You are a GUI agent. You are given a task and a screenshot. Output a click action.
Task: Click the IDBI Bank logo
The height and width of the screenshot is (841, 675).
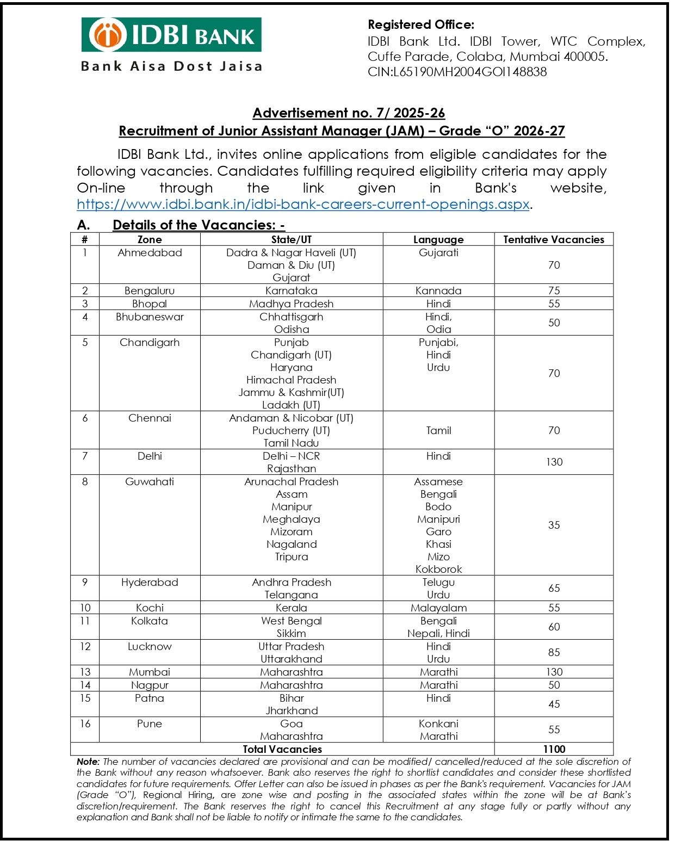171,35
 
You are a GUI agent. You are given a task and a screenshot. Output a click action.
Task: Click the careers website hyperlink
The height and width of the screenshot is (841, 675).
303,205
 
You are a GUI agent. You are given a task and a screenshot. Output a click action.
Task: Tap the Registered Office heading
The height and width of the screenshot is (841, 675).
421,24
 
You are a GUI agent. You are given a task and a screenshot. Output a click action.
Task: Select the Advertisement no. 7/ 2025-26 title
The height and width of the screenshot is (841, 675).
349,113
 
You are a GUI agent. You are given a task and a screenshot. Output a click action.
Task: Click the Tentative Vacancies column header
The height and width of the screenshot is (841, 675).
553,239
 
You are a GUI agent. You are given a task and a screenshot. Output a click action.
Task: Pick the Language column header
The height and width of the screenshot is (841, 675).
438,239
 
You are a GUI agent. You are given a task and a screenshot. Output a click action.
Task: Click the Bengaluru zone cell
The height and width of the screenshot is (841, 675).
150,290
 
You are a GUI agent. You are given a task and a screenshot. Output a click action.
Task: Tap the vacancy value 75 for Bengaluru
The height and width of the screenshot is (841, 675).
554,290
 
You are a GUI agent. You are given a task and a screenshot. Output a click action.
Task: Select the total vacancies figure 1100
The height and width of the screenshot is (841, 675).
554,749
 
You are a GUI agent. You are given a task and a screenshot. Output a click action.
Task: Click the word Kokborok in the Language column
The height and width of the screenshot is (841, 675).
438,569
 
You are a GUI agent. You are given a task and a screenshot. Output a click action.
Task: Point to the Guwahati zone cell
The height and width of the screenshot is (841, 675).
150,481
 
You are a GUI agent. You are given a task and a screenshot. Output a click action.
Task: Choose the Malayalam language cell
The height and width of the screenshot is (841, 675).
438,608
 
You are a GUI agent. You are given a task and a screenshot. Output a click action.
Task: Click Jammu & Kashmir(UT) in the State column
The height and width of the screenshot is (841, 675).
291,392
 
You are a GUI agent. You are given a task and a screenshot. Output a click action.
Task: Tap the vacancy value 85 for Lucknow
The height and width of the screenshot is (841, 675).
554,652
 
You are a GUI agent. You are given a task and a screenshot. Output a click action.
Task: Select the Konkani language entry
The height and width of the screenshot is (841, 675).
438,723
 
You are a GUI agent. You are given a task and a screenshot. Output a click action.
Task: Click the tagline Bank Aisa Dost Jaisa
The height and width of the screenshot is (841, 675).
171,66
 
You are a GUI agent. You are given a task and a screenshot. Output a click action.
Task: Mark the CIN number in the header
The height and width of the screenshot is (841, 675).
457,72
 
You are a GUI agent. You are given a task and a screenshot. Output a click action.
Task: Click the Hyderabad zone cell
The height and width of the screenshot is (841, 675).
150,582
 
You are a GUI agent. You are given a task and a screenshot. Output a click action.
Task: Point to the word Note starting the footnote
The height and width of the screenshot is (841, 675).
88,762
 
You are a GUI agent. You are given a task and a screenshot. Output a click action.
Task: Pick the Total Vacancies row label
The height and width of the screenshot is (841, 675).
282,749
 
